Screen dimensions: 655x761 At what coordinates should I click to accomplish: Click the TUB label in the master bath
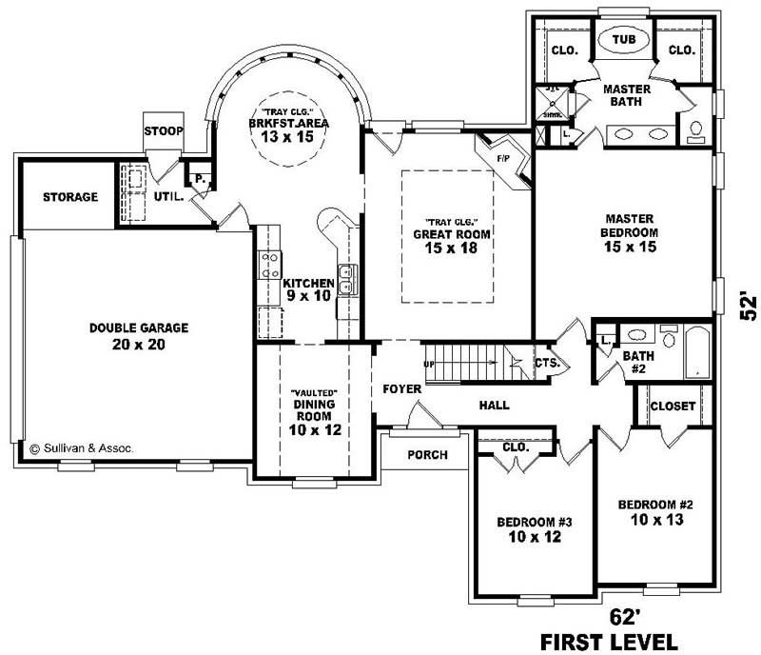tap(623, 40)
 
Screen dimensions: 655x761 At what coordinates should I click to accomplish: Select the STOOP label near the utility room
tap(164, 129)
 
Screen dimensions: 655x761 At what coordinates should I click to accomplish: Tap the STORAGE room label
tap(69, 197)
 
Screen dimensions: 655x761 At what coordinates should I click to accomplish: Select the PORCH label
tap(427, 454)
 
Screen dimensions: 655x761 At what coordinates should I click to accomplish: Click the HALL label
tap(495, 406)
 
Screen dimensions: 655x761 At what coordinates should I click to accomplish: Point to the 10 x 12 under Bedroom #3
tap(534, 537)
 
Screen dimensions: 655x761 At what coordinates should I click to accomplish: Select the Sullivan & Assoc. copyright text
tap(82, 446)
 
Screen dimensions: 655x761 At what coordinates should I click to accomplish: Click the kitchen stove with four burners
tap(268, 264)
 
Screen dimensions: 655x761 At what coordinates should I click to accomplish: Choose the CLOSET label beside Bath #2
tap(673, 406)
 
